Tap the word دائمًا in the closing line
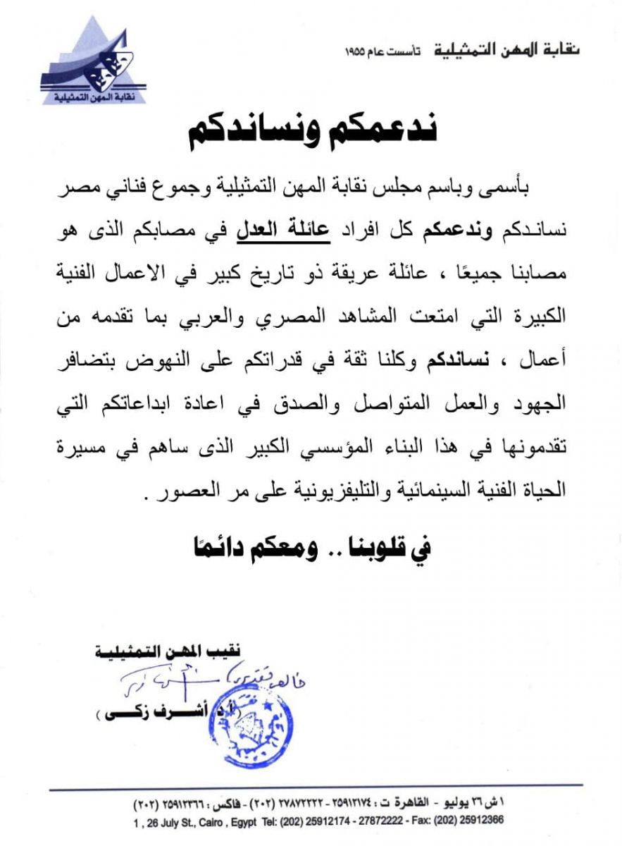click(214, 546)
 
